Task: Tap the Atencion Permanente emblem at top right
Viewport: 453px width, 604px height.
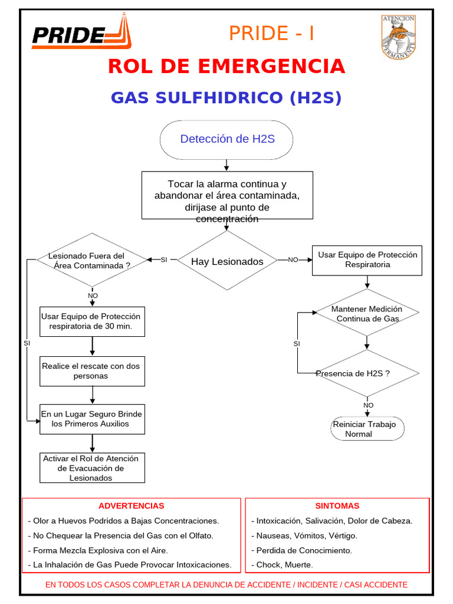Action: pos(399,37)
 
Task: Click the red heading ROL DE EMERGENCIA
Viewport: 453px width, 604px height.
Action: pos(226,67)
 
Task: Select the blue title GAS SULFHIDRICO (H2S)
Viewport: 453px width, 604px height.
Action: pos(226,98)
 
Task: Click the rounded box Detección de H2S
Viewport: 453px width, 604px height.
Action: pos(226,140)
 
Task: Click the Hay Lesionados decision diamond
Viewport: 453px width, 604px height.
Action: pos(227,261)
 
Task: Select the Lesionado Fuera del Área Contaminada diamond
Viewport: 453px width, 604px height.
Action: pos(91,260)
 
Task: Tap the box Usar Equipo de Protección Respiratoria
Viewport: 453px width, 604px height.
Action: pos(367,260)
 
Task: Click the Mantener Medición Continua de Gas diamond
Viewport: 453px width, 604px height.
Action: pos(367,313)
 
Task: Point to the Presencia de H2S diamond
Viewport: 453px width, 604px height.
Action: pos(367,373)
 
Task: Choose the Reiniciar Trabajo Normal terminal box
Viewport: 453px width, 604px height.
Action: pos(367,429)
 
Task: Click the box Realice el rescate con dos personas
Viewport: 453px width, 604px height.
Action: pos(92,371)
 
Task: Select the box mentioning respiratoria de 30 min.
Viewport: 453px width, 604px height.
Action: pos(92,321)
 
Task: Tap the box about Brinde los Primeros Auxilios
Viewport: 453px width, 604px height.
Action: pos(92,419)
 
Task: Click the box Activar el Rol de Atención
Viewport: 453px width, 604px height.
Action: pos(92,468)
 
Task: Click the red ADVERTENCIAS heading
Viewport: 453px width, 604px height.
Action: pos(131,506)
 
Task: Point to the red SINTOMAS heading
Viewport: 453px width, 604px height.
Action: pos(337,506)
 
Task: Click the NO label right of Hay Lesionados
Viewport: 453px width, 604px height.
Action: pos(293,260)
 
